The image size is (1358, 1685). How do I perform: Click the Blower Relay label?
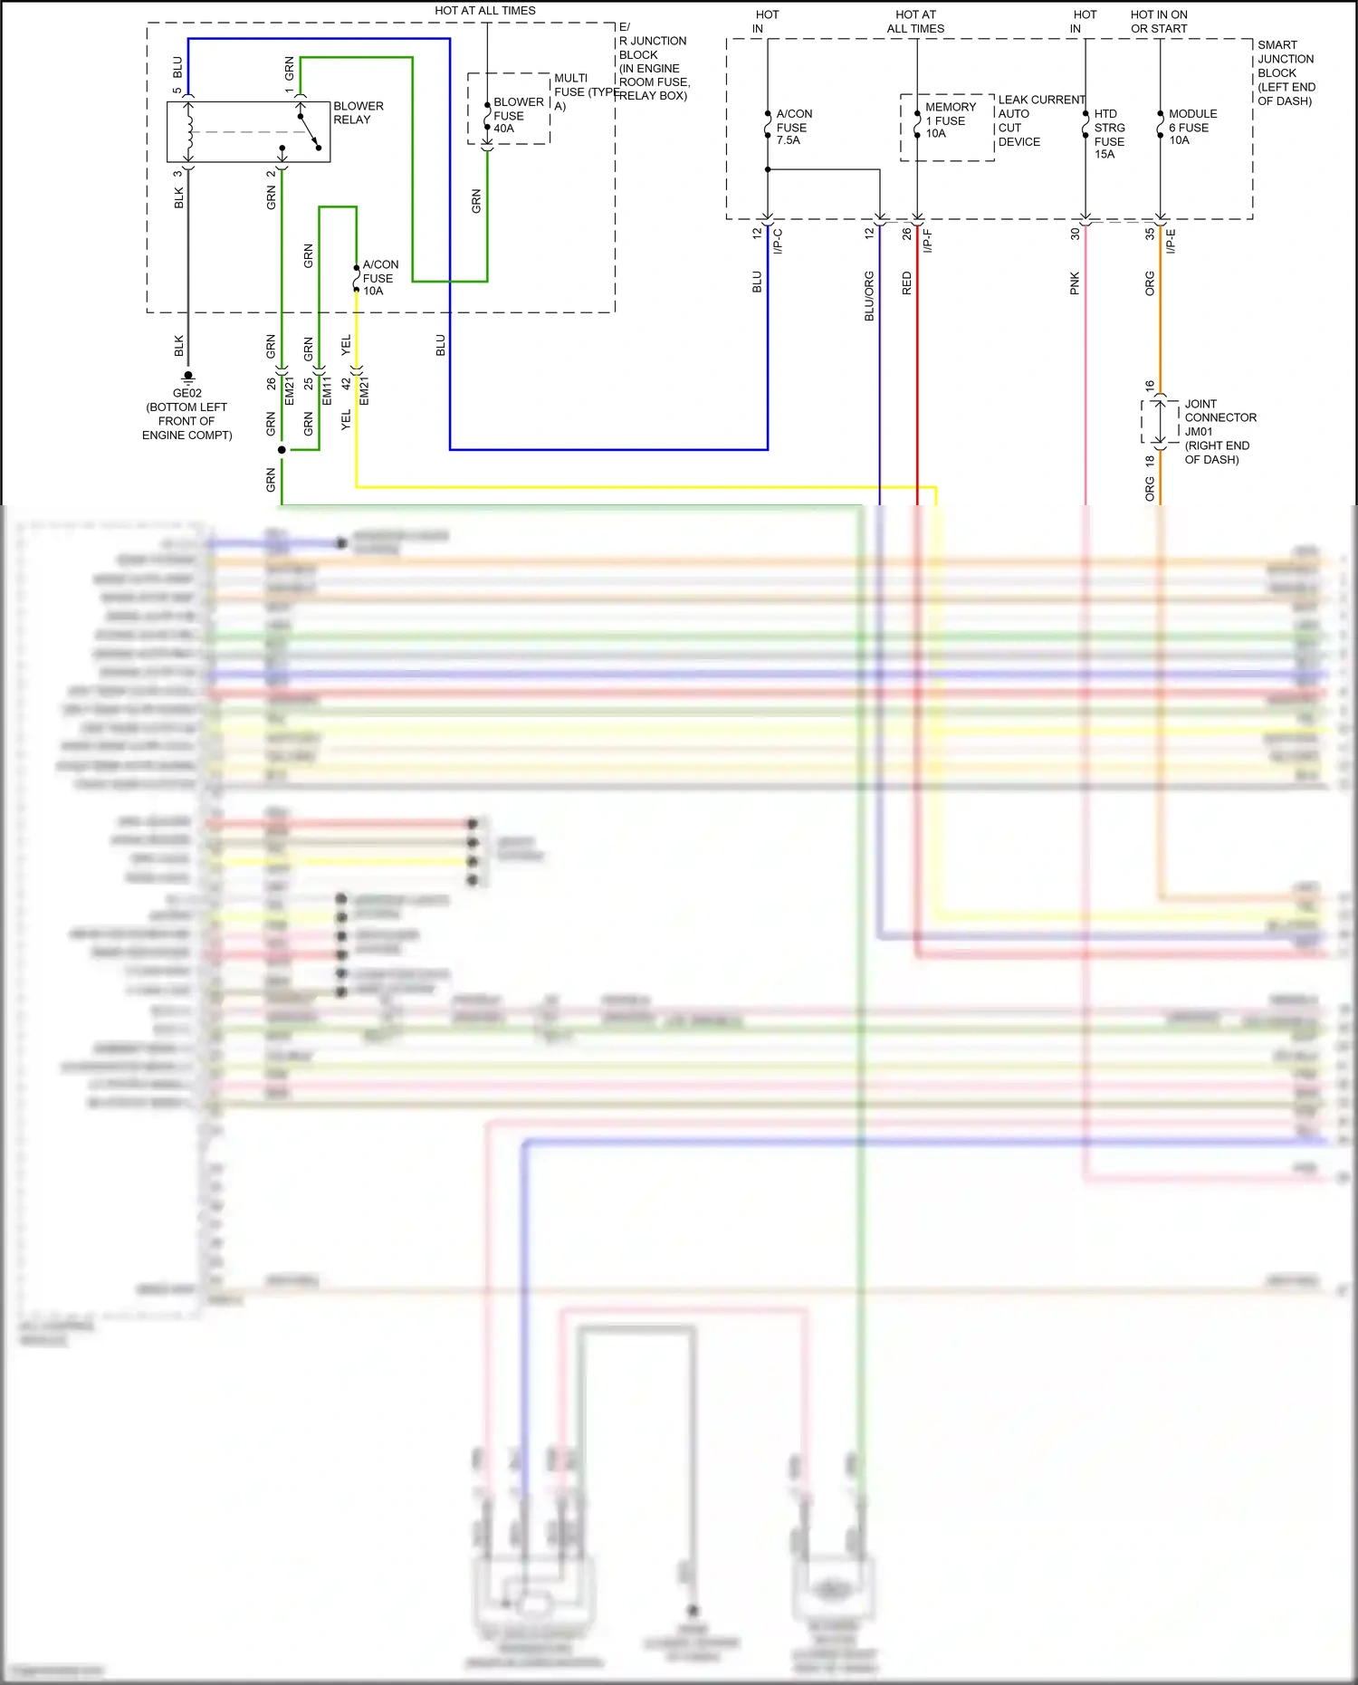(358, 113)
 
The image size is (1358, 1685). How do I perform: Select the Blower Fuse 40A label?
(518, 115)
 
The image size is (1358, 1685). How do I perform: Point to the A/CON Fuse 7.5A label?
(793, 127)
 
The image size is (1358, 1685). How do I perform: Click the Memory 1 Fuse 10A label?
(950, 120)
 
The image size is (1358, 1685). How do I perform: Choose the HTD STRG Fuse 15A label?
(1109, 134)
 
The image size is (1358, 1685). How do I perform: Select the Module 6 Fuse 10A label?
(1191, 127)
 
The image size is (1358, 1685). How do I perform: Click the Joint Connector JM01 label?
(1219, 431)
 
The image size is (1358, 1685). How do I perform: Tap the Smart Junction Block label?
(1286, 72)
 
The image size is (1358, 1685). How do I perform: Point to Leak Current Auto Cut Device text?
(1039, 120)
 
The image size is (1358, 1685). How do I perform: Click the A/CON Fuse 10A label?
(379, 278)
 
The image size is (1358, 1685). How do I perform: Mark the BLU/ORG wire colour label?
(869, 296)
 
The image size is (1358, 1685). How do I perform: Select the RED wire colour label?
(907, 283)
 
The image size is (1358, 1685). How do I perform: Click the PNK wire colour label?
(1075, 283)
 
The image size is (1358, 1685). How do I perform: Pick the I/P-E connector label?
(1170, 241)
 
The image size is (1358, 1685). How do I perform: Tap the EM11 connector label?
(327, 391)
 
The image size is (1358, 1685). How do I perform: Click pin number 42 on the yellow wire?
(345, 384)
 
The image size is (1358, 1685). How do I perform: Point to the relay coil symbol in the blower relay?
(189, 132)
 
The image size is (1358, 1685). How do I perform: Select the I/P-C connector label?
(777, 241)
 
